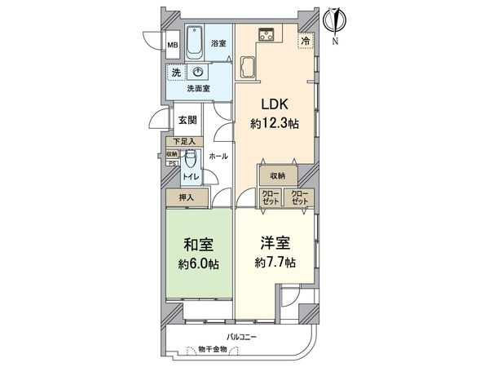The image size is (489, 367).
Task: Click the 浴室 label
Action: tap(218, 42)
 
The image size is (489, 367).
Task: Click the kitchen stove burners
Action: tap(267, 34)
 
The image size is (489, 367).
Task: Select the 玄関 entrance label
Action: tap(187, 120)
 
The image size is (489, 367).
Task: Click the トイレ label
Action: tap(189, 176)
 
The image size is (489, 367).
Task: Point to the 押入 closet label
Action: tap(187, 197)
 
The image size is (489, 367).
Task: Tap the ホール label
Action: tap(218, 155)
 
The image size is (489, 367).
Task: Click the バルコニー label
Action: tap(242, 336)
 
